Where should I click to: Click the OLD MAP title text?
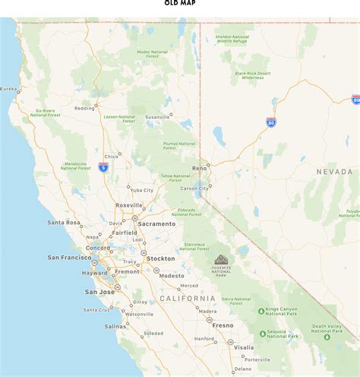(x=180, y=3)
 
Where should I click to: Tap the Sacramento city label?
(x=157, y=223)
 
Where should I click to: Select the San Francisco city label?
(x=69, y=258)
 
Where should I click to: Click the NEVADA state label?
(x=334, y=173)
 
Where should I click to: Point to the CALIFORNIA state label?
(x=188, y=299)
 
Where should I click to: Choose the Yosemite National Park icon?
(x=221, y=260)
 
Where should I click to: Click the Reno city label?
(x=200, y=168)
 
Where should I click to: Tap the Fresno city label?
(x=223, y=325)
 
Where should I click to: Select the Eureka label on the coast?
(x=8, y=89)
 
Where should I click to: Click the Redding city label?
(x=84, y=108)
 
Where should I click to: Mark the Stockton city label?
(x=160, y=258)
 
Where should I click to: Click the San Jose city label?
(x=99, y=292)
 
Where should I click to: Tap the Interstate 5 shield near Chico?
(x=103, y=167)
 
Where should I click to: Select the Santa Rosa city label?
(x=64, y=223)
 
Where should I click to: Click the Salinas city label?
(x=115, y=326)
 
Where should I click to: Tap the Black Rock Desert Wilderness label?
(x=253, y=75)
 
